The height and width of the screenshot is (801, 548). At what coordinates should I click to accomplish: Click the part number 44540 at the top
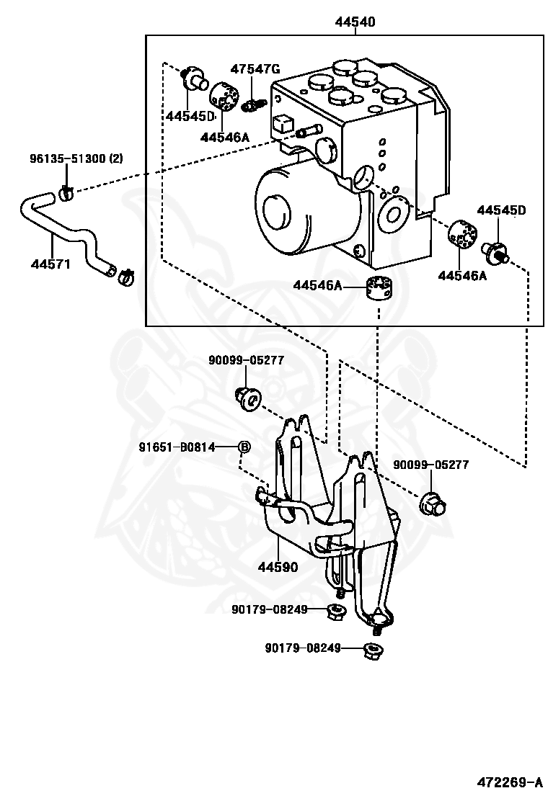(x=355, y=22)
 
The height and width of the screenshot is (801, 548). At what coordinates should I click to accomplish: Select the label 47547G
(x=255, y=69)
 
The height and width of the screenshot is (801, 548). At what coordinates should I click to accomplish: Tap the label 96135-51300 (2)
(x=76, y=158)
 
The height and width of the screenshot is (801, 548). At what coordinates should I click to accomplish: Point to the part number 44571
(x=50, y=264)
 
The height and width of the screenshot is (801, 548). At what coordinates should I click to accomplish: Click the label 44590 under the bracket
(x=278, y=567)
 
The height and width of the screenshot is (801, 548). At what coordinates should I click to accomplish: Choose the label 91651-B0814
(x=177, y=447)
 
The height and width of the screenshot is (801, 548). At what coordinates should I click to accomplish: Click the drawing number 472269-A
(x=510, y=782)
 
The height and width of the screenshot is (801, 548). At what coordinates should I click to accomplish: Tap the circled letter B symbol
(x=244, y=447)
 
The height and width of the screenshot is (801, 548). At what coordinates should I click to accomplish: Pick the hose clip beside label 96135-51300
(x=66, y=193)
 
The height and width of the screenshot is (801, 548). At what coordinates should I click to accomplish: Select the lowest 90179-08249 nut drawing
(x=374, y=651)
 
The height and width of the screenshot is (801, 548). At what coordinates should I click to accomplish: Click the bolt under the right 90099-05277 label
(x=433, y=504)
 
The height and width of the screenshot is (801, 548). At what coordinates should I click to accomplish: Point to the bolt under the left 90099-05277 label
(x=248, y=398)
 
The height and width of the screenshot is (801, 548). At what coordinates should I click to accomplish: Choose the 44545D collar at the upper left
(x=194, y=79)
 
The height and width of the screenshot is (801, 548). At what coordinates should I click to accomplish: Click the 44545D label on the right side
(x=501, y=210)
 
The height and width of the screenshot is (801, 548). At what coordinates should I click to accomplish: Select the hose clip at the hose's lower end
(x=125, y=277)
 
